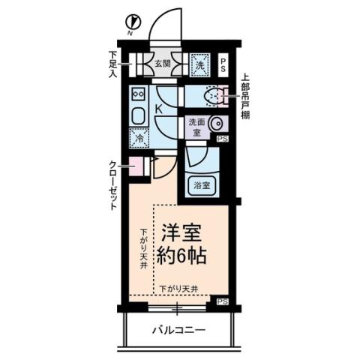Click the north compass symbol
click(x=132, y=23)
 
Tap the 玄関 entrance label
click(x=163, y=64)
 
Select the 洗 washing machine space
click(x=200, y=65)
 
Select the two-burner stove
click(x=139, y=94)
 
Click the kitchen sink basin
click(x=139, y=117)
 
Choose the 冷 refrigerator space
click(x=139, y=138)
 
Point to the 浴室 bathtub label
click(x=202, y=185)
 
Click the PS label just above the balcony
click(x=222, y=302)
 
